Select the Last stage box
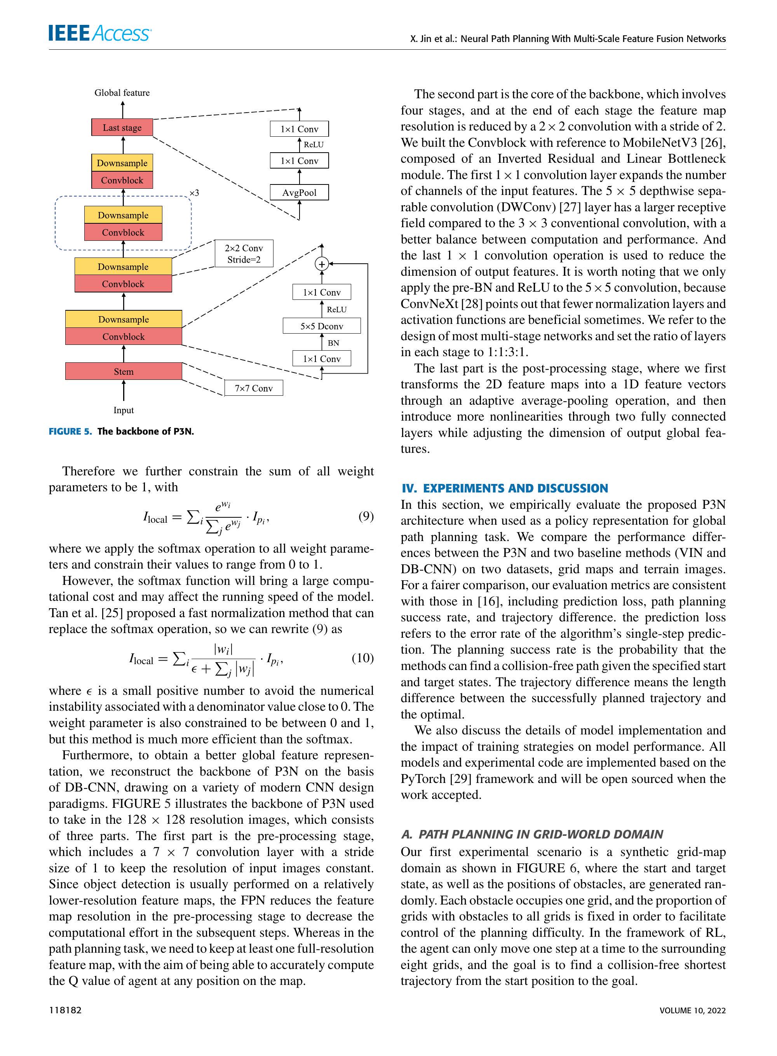(x=122, y=127)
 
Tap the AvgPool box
(x=299, y=192)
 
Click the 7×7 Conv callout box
(x=254, y=388)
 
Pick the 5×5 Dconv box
(x=322, y=326)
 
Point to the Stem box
(x=123, y=371)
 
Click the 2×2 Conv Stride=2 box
(x=244, y=254)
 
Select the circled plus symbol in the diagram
(x=322, y=264)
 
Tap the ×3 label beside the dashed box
(x=194, y=193)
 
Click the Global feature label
(x=122, y=92)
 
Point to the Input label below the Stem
(x=123, y=410)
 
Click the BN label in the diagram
(x=333, y=343)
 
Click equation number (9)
(x=366, y=516)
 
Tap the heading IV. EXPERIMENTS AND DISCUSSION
(x=504, y=488)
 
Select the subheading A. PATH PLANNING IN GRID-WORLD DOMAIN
(x=532, y=834)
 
